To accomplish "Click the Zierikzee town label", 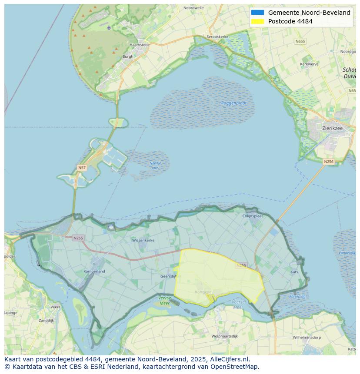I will click(x=333, y=128).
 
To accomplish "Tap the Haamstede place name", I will click(x=139, y=45).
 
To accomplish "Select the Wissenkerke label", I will click(x=143, y=240).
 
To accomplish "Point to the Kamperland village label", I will click(x=94, y=271).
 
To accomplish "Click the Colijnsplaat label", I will click(x=253, y=215).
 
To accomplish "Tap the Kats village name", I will click(x=294, y=272).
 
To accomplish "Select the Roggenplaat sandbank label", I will click(x=234, y=103).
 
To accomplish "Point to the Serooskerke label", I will click(x=217, y=37).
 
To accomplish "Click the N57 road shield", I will click(x=82, y=167).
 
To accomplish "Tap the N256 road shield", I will click(x=329, y=162).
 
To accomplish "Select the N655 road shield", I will click(x=300, y=41).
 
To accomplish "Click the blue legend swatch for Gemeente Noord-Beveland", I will click(x=257, y=13).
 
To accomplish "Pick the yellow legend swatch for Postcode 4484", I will click(x=257, y=21).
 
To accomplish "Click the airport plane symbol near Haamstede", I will click(x=109, y=27).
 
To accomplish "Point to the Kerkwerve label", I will click(x=309, y=64).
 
